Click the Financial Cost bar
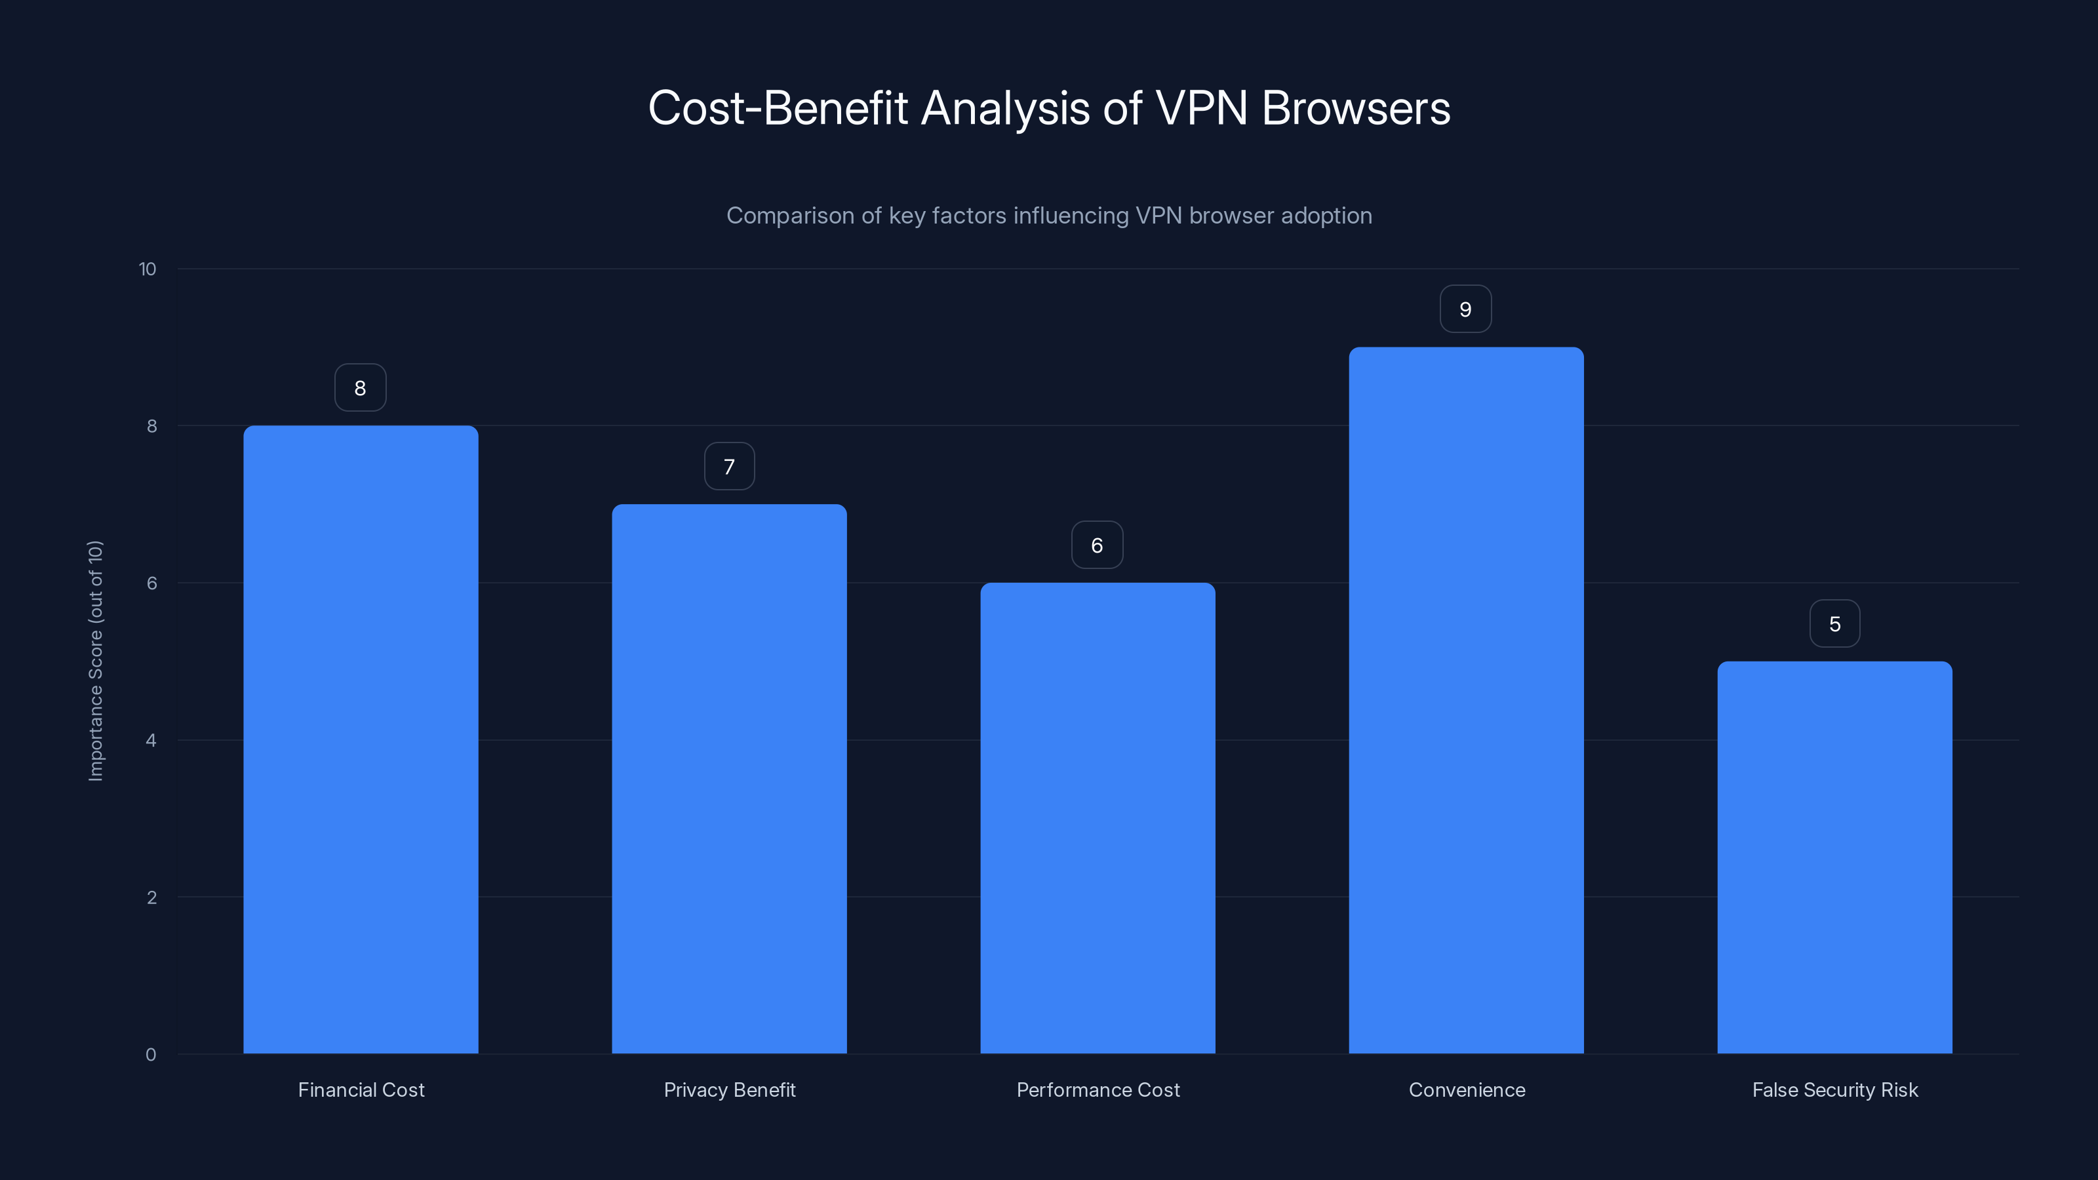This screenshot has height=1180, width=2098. [x=360, y=739]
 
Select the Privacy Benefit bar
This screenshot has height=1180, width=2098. [x=729, y=779]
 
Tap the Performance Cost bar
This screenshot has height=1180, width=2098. [x=1097, y=817]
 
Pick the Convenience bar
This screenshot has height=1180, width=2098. [x=1466, y=700]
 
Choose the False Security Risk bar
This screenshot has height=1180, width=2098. [x=1834, y=857]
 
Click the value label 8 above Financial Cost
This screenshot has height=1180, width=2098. [x=360, y=387]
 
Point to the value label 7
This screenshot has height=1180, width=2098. [x=729, y=467]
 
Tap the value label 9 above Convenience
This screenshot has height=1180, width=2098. [x=1465, y=309]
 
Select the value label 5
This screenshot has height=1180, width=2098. [x=1834, y=624]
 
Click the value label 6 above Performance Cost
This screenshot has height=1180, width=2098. [x=1097, y=545]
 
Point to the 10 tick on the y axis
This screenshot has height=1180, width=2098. [x=148, y=269]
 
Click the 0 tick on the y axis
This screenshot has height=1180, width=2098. [x=151, y=1055]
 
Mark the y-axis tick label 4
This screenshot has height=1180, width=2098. [x=151, y=740]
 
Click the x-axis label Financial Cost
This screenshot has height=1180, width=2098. [x=361, y=1090]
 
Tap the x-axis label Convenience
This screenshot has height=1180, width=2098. [x=1467, y=1090]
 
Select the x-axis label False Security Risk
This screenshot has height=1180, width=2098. [x=1835, y=1090]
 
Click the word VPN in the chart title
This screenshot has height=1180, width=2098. [x=1201, y=108]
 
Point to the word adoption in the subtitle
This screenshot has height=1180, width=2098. [x=1326, y=216]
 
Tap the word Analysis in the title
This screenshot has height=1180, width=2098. [x=1005, y=108]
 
